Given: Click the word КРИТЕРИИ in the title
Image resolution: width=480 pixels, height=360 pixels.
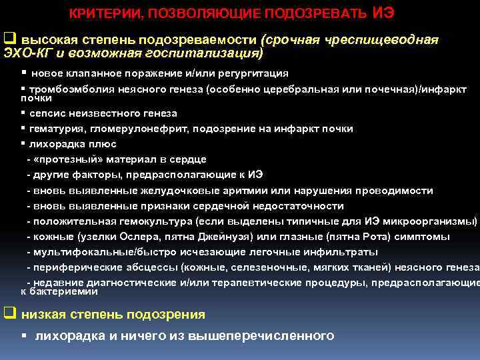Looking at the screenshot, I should (x=106, y=13).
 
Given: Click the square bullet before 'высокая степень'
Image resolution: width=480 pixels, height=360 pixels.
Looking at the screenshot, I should (x=9, y=39).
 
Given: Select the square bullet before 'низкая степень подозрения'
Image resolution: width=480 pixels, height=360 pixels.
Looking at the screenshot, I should (x=9, y=313).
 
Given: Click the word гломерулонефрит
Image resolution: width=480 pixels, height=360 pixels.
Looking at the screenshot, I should (x=127, y=129).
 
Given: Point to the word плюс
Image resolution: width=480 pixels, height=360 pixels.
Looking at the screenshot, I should (x=103, y=143).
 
